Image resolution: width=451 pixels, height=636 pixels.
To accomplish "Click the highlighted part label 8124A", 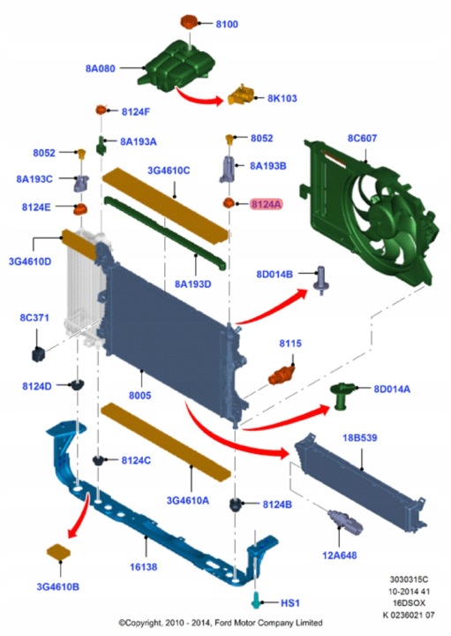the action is coord(266,204).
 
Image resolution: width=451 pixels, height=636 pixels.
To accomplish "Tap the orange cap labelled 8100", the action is coord(188,22).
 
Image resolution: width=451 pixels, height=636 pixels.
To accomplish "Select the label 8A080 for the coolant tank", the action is coord(100,69).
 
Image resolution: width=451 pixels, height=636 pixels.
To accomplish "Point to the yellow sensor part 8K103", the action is coord(240,95).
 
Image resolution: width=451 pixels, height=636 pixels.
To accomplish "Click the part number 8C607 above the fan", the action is coord(362,139).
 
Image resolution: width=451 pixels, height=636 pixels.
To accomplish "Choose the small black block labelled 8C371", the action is coord(39,353).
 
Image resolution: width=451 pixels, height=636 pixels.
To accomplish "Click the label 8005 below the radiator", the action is coord(139,395).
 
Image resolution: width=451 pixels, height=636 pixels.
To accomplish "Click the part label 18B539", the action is coord(360,438).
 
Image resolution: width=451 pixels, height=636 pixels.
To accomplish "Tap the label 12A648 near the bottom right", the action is coord(340,556).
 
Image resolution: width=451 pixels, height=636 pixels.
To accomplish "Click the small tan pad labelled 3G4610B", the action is coord(59,552).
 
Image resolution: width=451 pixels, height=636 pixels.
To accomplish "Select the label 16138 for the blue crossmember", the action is coord(144,566).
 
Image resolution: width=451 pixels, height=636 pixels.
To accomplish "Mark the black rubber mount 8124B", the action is coord(237,504).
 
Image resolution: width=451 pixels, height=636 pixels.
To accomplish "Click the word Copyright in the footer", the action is coord(144,623).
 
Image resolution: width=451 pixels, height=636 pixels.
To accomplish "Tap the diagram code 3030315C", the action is coord(409,579).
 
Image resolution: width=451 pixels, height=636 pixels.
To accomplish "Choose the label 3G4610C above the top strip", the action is coord(169,170).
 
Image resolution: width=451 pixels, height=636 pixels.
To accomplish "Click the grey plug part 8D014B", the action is coord(321,280).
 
